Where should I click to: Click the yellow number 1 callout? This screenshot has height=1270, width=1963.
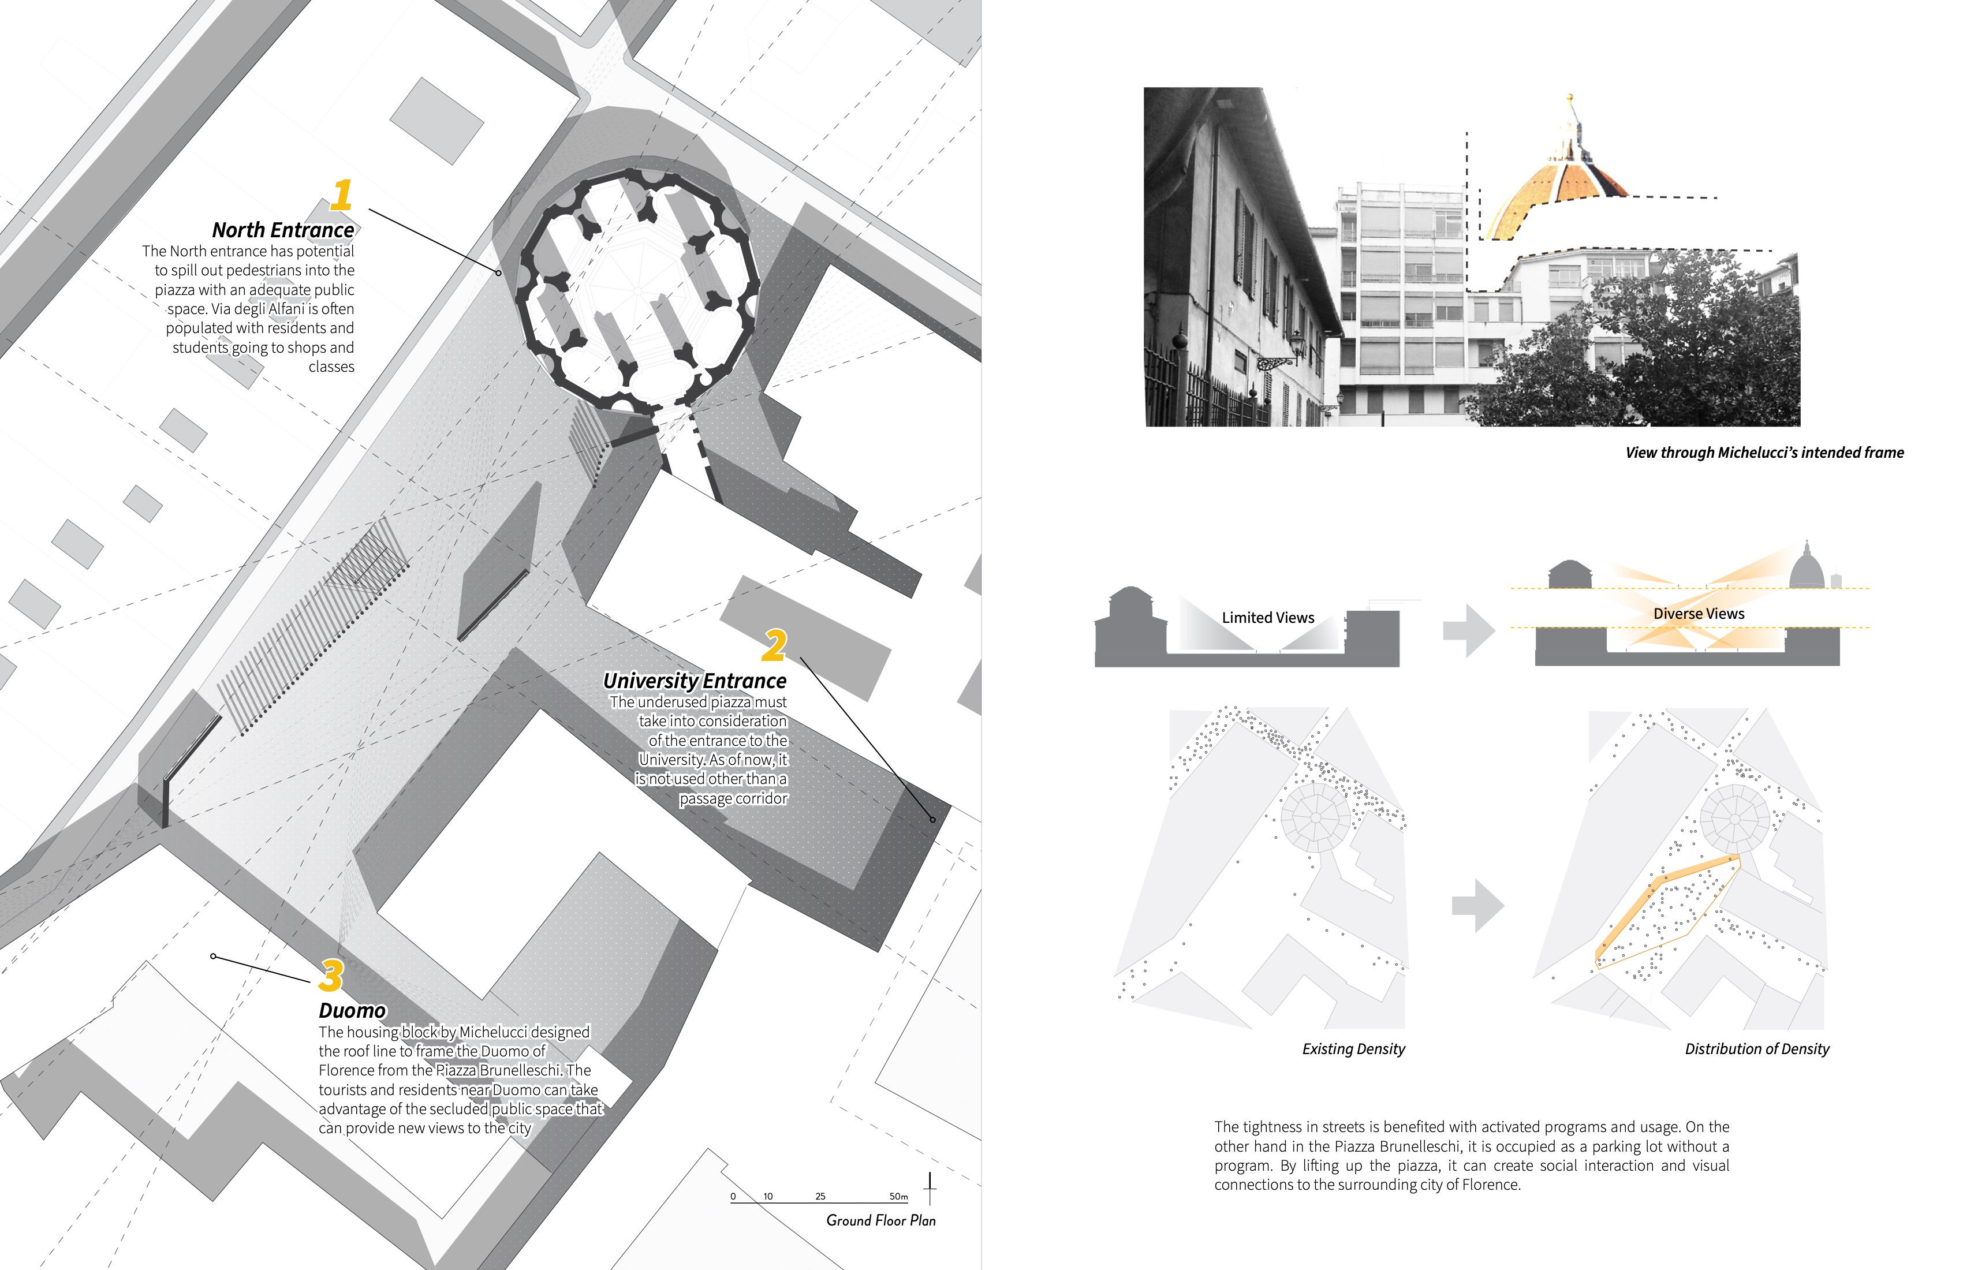pyautogui.click(x=341, y=196)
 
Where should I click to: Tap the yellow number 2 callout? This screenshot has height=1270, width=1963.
pyautogui.click(x=774, y=646)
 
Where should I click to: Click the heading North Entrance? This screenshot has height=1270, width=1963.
pyautogui.click(x=283, y=230)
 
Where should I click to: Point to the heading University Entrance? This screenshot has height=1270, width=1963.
pyautogui.click(x=695, y=681)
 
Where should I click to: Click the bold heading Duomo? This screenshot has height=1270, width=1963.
pyautogui.click(x=352, y=1011)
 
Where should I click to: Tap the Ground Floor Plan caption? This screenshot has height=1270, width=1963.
pyautogui.click(x=881, y=1220)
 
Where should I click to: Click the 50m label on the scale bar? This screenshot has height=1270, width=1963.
pyautogui.click(x=898, y=1197)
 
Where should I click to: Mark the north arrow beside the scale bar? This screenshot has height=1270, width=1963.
pyautogui.click(x=930, y=1189)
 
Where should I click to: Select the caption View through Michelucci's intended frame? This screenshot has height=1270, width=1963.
pyautogui.click(x=1764, y=453)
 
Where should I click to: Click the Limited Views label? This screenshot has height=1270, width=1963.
pyautogui.click(x=1268, y=618)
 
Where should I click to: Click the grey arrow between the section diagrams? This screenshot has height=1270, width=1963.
pyautogui.click(x=1468, y=631)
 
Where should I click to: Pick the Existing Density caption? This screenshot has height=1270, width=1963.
pyautogui.click(x=1353, y=1049)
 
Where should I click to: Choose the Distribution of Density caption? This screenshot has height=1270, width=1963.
pyautogui.click(x=1757, y=1049)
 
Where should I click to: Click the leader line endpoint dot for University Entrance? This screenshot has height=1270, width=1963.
pyautogui.click(x=933, y=820)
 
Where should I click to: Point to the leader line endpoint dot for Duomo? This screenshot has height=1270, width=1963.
pyautogui.click(x=214, y=957)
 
